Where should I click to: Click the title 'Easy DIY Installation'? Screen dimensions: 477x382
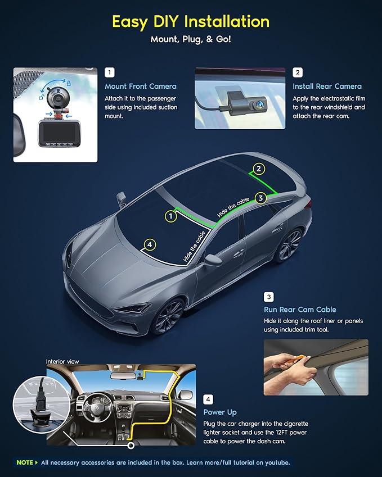(x=191, y=22)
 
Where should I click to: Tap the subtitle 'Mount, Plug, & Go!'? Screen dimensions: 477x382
(x=191, y=40)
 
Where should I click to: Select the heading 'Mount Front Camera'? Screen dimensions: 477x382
(x=141, y=87)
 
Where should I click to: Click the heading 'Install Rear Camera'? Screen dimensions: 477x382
(x=327, y=87)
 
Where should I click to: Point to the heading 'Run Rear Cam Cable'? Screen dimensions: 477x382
(x=300, y=310)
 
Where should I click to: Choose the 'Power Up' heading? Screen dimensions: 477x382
(x=219, y=412)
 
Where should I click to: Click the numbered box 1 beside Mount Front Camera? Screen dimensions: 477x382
(x=110, y=72)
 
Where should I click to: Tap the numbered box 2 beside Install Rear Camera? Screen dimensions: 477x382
(x=298, y=72)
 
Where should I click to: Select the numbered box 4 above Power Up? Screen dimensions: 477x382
(x=209, y=399)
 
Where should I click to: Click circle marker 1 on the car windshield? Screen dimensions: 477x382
(x=170, y=216)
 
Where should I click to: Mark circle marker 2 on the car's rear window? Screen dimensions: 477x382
(x=258, y=169)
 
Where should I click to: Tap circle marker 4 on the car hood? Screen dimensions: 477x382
(x=149, y=244)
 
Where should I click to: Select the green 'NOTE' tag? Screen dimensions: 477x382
(x=25, y=462)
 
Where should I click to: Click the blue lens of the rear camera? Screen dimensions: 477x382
(x=258, y=103)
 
